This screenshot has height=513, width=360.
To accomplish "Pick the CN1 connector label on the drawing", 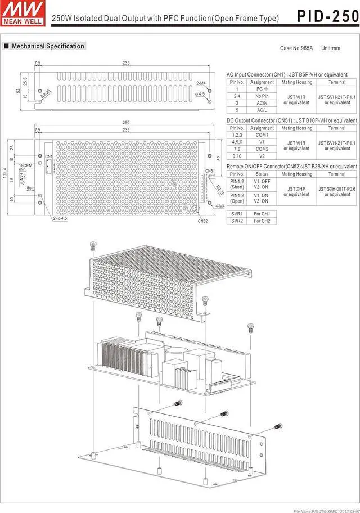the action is [x=48, y=156].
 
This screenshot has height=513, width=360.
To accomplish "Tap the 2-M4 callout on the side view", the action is [x=201, y=84].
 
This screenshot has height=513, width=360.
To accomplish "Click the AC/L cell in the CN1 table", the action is [x=262, y=110].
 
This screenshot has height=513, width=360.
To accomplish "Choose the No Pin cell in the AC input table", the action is [x=262, y=96].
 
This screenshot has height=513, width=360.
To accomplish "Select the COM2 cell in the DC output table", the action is [x=262, y=149].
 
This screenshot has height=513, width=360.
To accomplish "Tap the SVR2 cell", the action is [x=237, y=221].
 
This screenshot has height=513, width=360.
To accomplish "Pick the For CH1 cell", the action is [x=262, y=214].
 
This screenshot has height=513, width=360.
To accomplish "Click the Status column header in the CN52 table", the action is [x=262, y=174].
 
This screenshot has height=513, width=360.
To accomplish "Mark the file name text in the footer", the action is [x=325, y=510].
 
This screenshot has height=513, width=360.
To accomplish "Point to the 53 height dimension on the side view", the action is [x=18, y=90].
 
